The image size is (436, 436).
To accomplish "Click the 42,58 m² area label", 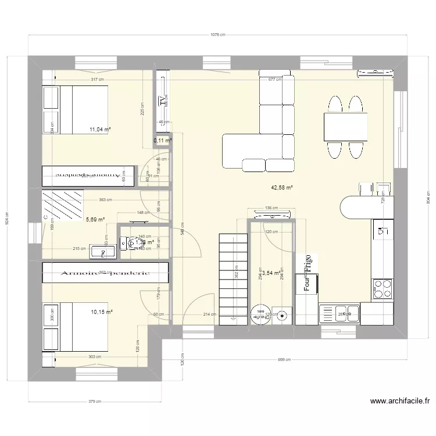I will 281,188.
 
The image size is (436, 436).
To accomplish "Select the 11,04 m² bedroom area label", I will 100,130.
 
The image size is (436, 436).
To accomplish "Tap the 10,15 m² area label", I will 102,312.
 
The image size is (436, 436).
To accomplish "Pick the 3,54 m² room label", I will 271,272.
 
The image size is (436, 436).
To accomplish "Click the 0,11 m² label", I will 162,141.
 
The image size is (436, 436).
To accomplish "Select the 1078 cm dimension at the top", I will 217,35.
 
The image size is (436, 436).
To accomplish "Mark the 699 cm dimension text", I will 284,360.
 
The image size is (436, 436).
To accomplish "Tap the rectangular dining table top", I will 345,127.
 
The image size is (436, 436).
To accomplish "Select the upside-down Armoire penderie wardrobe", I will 88,174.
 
